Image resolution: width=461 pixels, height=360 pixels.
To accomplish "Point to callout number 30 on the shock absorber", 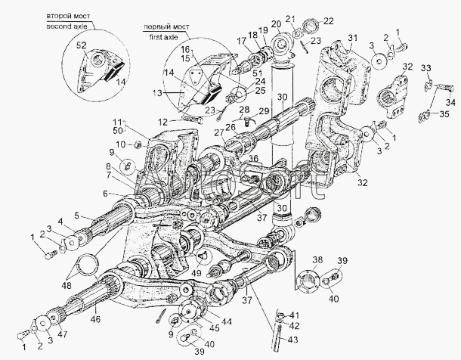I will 280,97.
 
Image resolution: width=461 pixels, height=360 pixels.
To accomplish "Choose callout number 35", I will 444,114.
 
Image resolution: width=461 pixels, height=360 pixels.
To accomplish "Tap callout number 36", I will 253,158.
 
